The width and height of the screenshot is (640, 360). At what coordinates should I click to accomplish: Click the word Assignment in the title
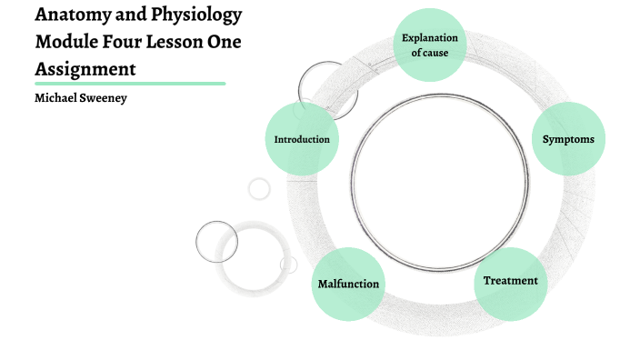(x=85, y=68)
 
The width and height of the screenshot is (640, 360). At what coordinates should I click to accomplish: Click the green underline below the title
(x=129, y=83)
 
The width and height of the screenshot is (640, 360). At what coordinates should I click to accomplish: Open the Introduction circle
(x=302, y=139)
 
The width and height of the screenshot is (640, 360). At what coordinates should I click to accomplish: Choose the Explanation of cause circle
(x=430, y=45)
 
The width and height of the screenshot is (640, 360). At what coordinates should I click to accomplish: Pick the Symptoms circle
(x=568, y=139)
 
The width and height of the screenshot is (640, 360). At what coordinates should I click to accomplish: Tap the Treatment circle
(x=510, y=281)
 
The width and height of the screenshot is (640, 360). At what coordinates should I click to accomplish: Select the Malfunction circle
(x=348, y=284)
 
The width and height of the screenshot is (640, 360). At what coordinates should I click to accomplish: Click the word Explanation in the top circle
(x=430, y=38)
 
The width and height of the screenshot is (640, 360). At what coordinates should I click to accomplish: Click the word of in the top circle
(x=417, y=53)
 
